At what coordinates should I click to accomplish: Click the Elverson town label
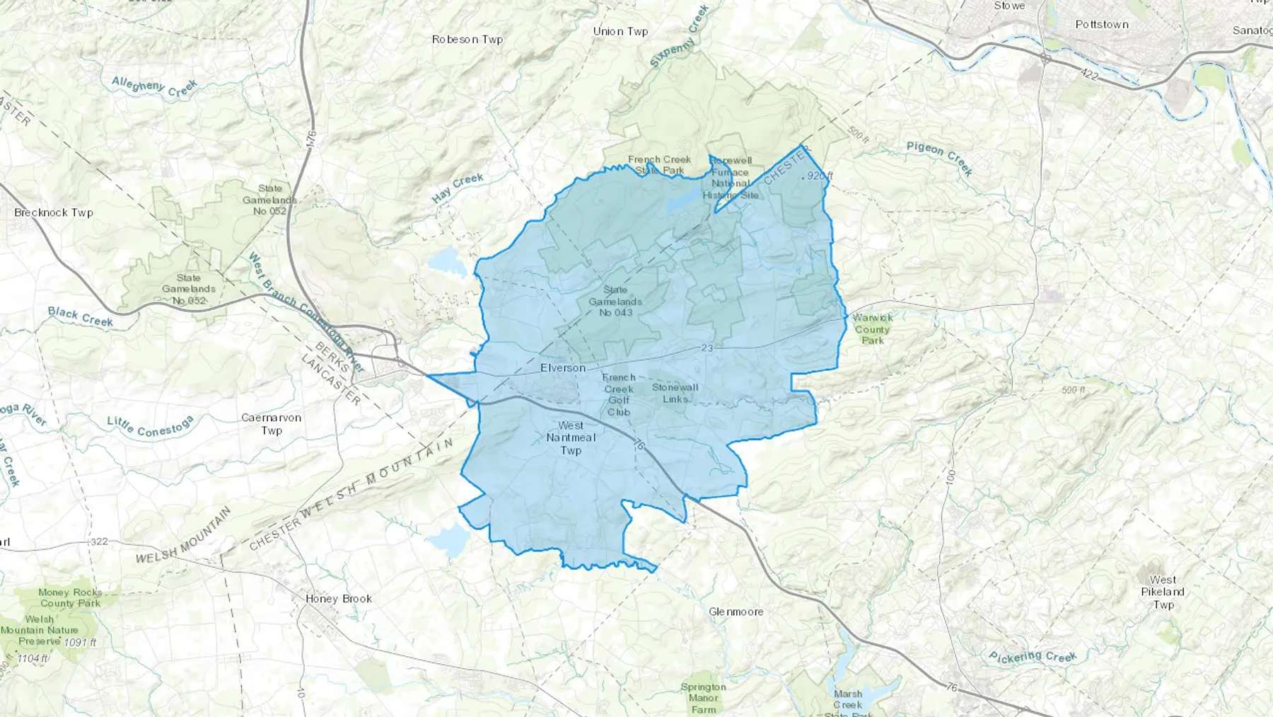click(x=563, y=368)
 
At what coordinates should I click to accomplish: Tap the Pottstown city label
click(x=1102, y=24)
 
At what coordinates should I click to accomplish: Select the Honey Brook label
click(x=339, y=599)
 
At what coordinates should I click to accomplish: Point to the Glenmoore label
click(x=736, y=612)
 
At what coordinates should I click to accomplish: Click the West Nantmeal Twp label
click(x=571, y=437)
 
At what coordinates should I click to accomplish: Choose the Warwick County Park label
click(x=873, y=329)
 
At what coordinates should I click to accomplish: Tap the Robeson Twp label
click(x=467, y=40)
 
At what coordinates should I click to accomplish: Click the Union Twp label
click(x=620, y=31)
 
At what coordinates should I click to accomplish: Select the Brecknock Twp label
click(x=54, y=212)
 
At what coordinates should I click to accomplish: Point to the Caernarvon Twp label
click(x=272, y=424)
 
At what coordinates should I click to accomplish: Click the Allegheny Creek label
click(x=154, y=87)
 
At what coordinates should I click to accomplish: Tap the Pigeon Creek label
click(x=940, y=157)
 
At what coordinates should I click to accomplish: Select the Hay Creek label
click(x=458, y=188)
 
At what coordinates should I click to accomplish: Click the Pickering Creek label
click(x=1033, y=657)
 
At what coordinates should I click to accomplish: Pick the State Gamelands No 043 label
click(x=615, y=301)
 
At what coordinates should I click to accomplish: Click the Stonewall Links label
click(x=675, y=393)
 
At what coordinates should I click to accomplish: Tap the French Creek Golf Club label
click(x=619, y=394)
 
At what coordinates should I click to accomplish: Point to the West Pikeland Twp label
click(x=1163, y=592)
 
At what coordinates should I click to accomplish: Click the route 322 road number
click(x=99, y=541)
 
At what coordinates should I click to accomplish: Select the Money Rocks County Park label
click(x=70, y=598)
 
